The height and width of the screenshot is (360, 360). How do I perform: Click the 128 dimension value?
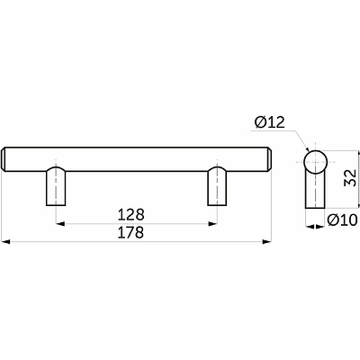[x=131, y=215]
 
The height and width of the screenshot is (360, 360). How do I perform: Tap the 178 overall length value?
[x=131, y=232]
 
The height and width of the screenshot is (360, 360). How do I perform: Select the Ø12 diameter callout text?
[x=269, y=122]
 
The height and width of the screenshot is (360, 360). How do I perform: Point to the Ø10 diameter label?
[x=342, y=220]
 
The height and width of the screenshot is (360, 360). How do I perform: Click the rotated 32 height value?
[x=350, y=177]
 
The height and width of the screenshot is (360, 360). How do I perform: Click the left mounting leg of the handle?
[x=56, y=186]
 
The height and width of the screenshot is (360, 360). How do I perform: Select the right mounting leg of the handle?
[x=217, y=186]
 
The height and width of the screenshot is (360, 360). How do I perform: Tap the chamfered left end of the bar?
[x=4, y=159]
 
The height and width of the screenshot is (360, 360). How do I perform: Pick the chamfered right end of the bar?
[x=269, y=159]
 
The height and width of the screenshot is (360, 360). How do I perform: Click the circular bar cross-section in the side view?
[x=315, y=162]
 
